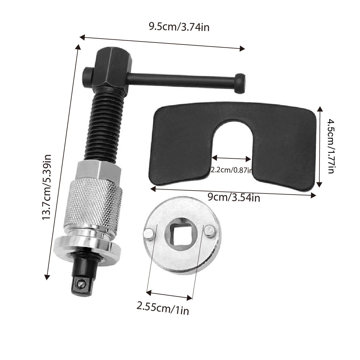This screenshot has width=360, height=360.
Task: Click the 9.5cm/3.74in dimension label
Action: click(179, 27)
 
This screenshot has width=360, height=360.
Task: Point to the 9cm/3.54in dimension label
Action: click(234, 197)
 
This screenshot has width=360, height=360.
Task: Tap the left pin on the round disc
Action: click(149, 233)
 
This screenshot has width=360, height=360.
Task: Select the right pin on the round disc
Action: click(209, 231)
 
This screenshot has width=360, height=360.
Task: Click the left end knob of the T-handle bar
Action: click(87, 73)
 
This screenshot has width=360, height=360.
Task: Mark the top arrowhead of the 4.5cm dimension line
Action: click(321, 108)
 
